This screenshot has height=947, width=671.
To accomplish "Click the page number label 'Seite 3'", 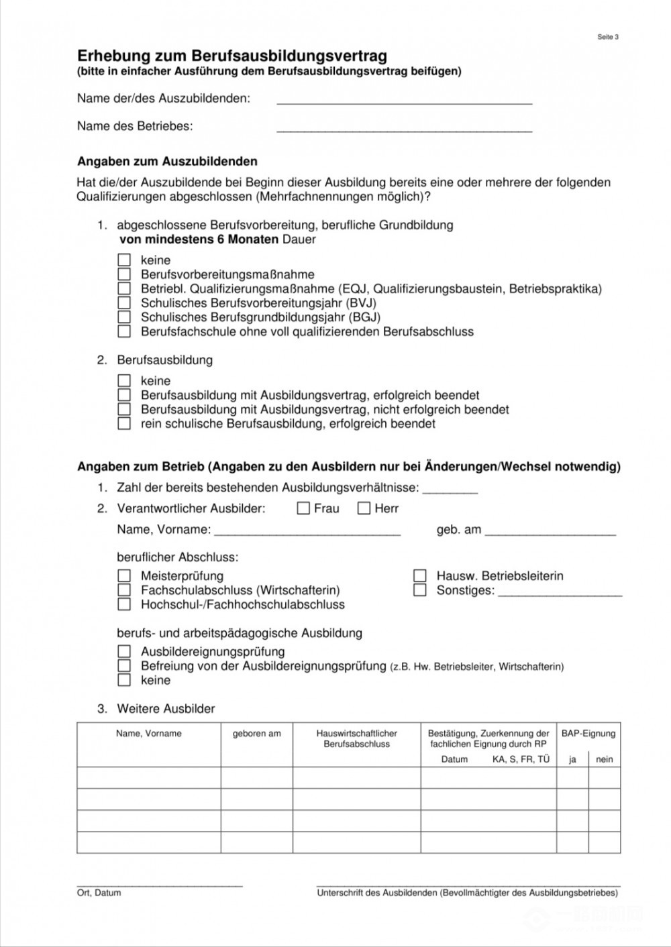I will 607,37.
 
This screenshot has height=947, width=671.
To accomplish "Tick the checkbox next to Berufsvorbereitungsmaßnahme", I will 124,274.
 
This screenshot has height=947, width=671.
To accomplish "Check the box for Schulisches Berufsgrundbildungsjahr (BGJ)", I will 124,317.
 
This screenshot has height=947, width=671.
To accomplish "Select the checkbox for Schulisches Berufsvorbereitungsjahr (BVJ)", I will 124,303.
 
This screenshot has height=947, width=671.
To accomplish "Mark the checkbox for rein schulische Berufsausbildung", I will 124,424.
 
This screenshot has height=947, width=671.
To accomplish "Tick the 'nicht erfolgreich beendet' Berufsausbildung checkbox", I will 124,410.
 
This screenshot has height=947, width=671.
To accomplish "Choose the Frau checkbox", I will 303,508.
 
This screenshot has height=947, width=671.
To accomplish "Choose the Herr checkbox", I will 364,508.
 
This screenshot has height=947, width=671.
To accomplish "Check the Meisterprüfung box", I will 124,575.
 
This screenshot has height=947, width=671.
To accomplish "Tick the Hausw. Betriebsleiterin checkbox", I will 420,575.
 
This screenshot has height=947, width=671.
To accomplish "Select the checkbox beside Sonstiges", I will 420,590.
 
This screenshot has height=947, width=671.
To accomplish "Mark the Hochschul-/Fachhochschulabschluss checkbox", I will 124,604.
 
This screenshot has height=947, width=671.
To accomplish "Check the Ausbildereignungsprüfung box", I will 124,651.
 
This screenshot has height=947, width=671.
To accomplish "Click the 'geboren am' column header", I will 257,734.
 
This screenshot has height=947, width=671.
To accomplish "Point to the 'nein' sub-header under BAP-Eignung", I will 605,759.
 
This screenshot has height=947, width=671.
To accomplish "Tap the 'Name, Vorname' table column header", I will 148,734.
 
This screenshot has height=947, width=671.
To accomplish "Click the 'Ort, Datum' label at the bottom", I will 99,893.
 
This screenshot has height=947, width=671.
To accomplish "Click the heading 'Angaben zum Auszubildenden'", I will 167,162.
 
